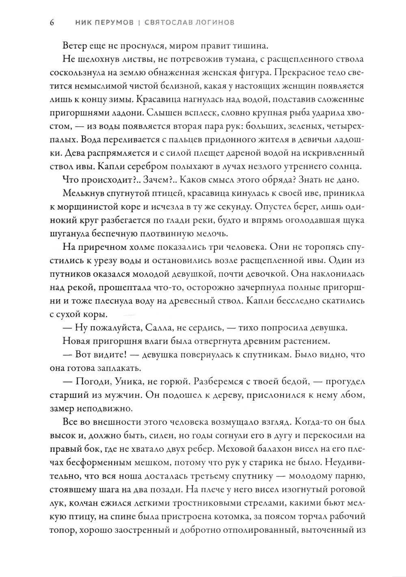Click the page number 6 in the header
pos(52,22)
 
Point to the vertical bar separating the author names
pos(139,22)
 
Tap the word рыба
pos(276,113)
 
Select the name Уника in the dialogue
pos(125,381)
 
